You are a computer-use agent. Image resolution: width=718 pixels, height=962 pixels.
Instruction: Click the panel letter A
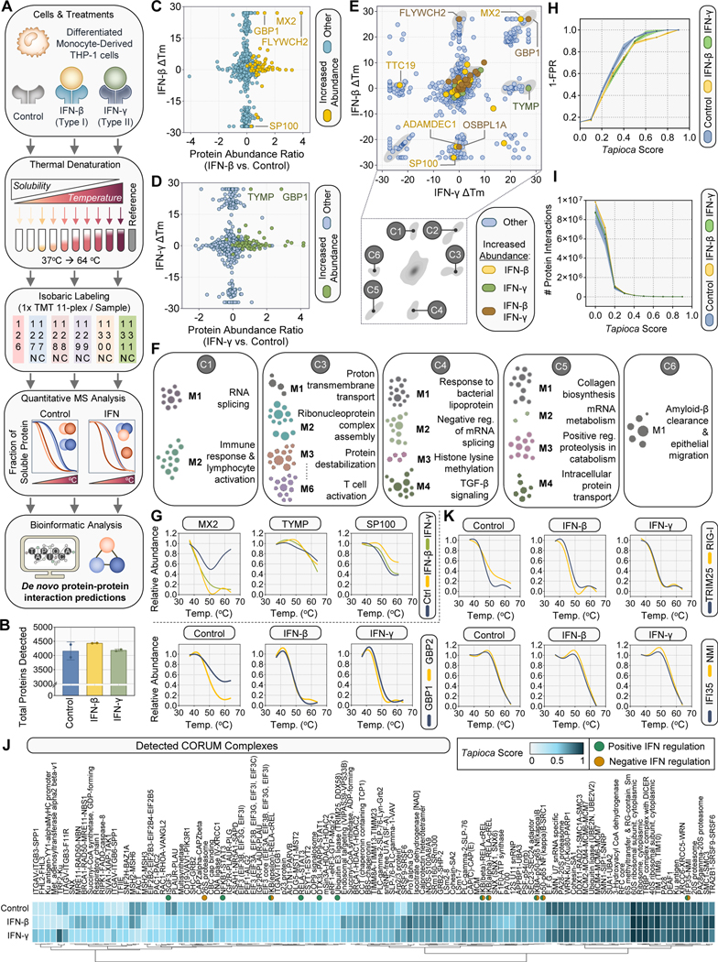point(8,7)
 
